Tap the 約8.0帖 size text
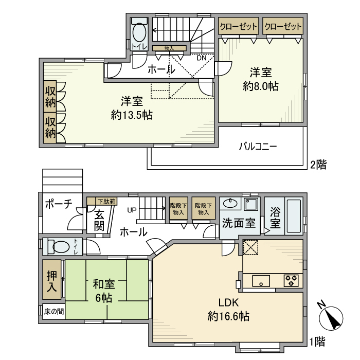(261, 87)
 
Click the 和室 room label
(104, 284)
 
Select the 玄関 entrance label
(99, 220)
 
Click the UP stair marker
(132, 210)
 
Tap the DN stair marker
(202, 58)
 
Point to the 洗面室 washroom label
(239, 223)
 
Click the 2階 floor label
(318, 165)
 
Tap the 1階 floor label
(318, 340)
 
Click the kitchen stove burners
(291, 281)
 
